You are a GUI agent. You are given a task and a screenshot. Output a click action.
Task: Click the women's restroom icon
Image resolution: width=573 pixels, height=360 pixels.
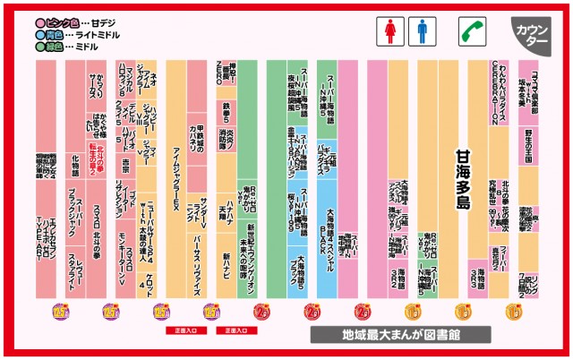coord(390,31)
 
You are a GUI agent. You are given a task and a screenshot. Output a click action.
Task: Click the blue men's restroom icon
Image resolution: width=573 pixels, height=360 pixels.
coord(422,31)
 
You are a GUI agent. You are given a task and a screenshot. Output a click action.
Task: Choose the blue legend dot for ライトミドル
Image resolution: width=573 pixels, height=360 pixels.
coord(41,33)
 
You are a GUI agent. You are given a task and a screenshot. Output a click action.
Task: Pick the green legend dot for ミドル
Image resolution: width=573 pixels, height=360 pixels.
coord(41,45)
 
